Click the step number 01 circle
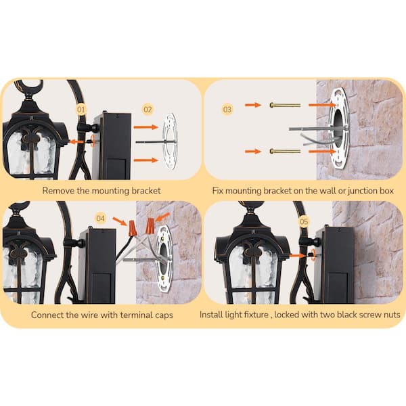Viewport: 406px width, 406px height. point(81,109)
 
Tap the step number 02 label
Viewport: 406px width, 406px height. point(148,108)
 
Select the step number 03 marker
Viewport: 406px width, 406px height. point(227,108)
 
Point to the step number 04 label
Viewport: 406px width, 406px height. point(100,218)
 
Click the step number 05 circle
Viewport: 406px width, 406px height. point(303,221)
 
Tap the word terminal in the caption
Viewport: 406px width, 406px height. point(131,315)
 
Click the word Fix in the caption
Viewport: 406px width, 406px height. point(219,191)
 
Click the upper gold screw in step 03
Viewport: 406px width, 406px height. point(284,105)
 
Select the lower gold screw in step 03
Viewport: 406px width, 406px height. point(284,151)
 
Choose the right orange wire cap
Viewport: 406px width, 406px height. point(150,225)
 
